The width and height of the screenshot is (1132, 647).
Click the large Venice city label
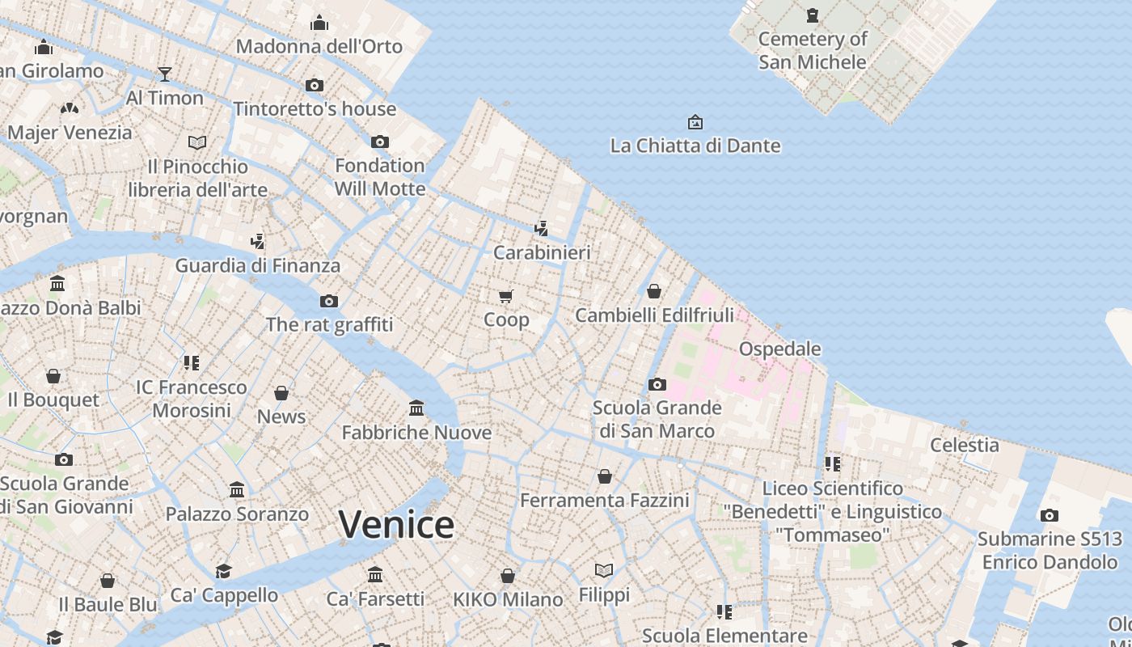tap(396, 525)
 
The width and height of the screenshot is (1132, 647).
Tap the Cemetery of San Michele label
tap(813, 50)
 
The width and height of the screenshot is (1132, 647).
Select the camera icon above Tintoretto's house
tap(315, 85)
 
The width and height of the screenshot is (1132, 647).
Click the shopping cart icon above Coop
tap(506, 296)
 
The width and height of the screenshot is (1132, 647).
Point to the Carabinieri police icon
tap(541, 229)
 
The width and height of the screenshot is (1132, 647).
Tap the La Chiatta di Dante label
tap(695, 146)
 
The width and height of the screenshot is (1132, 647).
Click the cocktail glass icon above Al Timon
tap(165, 74)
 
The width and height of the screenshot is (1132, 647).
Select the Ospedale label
tap(779, 349)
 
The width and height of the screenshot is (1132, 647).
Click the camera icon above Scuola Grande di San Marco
tap(657, 384)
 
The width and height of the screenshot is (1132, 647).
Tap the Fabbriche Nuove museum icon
tap(416, 408)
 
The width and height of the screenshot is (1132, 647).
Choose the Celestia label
tap(964, 444)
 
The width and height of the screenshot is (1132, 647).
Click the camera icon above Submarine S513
tap(1050, 515)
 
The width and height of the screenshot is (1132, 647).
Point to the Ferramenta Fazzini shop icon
tap(604, 476)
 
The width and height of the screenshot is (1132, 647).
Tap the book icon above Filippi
tap(604, 570)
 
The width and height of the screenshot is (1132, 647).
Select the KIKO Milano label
tap(508, 599)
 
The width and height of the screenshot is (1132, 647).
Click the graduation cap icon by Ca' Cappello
tap(224, 571)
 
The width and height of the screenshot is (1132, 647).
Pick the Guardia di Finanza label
tap(258, 265)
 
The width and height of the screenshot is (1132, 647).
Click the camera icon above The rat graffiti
tap(329, 301)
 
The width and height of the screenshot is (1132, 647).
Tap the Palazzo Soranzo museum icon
tap(237, 489)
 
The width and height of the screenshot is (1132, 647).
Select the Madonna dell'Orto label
tap(319, 46)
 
